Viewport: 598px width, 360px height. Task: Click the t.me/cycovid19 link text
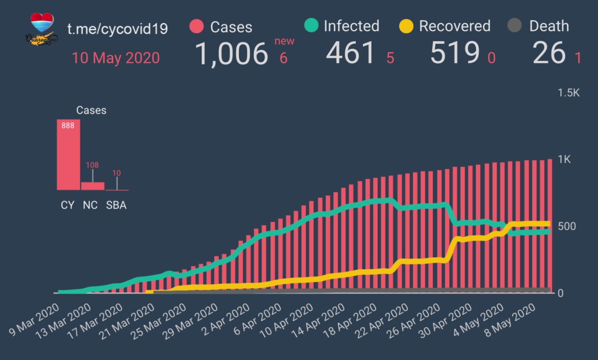point(117,29)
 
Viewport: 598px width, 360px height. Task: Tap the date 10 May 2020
point(115,58)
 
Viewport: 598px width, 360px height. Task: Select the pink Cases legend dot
point(197,26)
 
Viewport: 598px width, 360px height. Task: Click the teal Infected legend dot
point(311,25)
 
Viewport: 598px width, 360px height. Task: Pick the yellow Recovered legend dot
point(406,26)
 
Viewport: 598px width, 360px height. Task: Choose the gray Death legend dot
point(514,25)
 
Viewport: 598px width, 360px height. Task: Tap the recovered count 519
point(455,53)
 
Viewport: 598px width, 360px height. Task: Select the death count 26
point(549,53)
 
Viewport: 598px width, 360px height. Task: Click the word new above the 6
point(284,41)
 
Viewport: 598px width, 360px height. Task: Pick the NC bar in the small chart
point(93,186)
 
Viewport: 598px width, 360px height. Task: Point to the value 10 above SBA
point(116,173)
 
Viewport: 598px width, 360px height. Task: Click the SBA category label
point(116,205)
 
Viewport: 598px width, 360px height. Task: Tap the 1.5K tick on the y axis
point(569,93)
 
